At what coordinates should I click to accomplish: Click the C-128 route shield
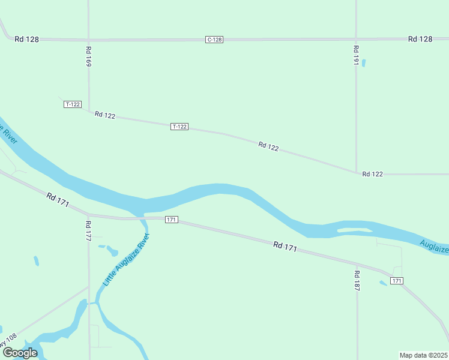pos(214,40)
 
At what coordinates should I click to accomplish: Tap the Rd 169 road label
pos(89,56)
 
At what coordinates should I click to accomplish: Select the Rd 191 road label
pos(356,56)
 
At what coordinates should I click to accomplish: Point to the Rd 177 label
pos(88,230)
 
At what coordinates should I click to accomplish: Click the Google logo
pos(20,353)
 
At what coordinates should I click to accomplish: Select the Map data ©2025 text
pos(423,355)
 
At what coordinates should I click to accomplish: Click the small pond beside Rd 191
pos(364,62)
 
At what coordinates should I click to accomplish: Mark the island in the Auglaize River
pos(354,230)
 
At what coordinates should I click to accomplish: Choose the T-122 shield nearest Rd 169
pos(73,104)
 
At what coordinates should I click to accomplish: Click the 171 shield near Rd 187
pos(396,281)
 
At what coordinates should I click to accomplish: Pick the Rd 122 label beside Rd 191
pos(372,174)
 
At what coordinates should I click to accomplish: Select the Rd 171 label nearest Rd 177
pos(58,199)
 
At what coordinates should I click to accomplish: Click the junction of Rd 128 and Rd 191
pos(356,39)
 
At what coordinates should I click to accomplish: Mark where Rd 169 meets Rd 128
pos(88,40)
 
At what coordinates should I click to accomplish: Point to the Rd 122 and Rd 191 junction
pos(356,173)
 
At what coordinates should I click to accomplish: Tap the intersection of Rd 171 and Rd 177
pos(88,214)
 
